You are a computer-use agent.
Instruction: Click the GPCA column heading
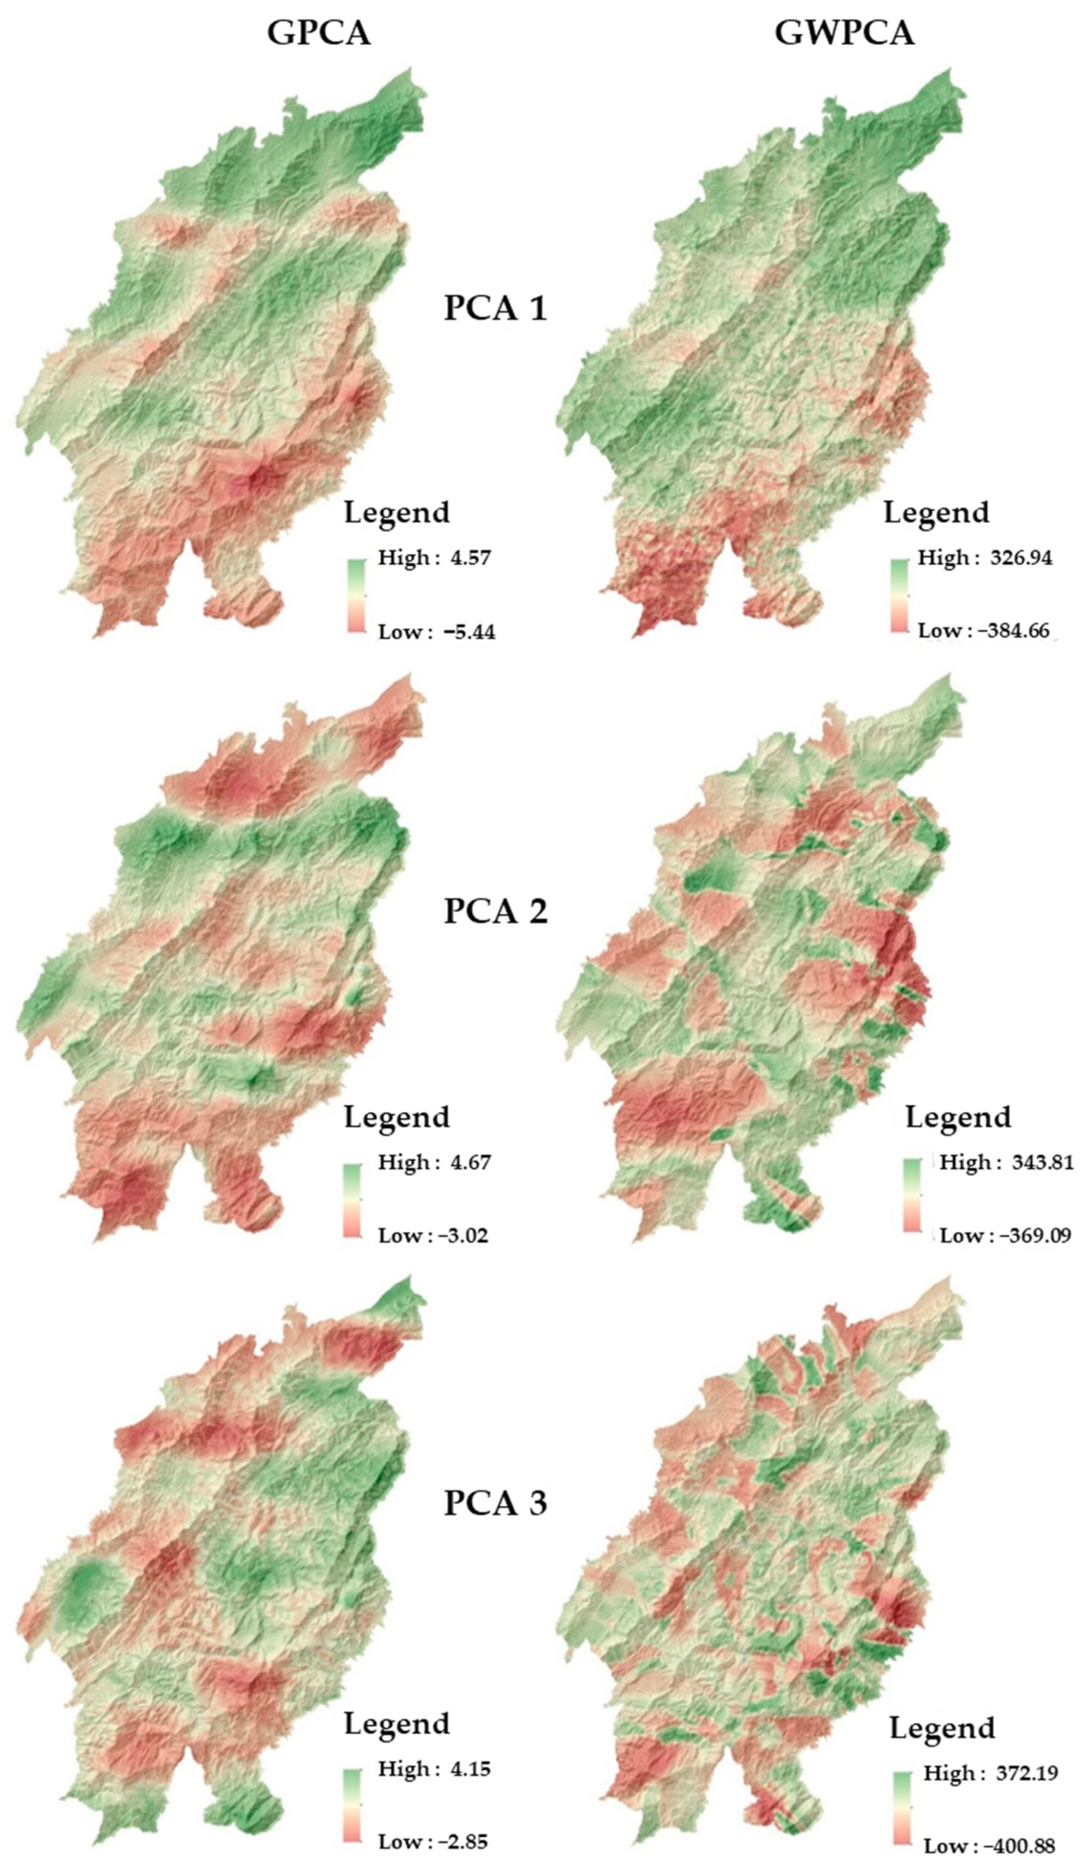(x=318, y=34)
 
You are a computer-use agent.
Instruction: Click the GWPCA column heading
(x=844, y=34)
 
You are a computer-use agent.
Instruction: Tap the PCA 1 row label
(x=495, y=308)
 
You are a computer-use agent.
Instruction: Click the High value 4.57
(x=469, y=558)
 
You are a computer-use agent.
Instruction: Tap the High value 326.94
(x=1020, y=558)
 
